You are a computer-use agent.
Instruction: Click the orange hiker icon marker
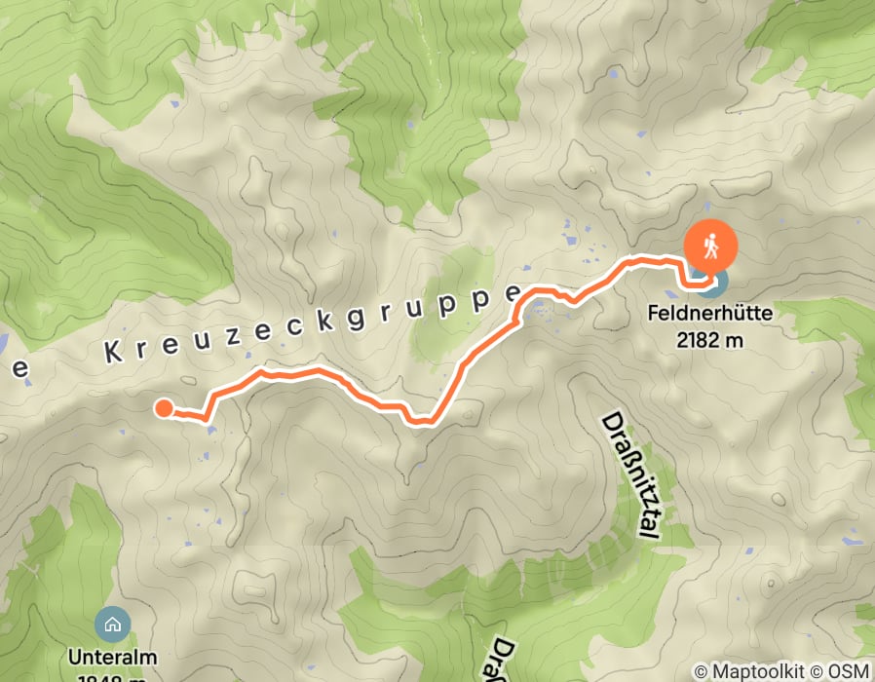coord(711,248)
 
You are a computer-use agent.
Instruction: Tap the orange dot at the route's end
coord(164,408)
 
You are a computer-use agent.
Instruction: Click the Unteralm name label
coord(113,657)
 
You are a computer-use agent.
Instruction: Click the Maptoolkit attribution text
coord(760,671)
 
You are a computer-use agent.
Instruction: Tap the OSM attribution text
coord(851,671)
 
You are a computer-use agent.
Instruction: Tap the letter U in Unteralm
coord(75,657)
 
